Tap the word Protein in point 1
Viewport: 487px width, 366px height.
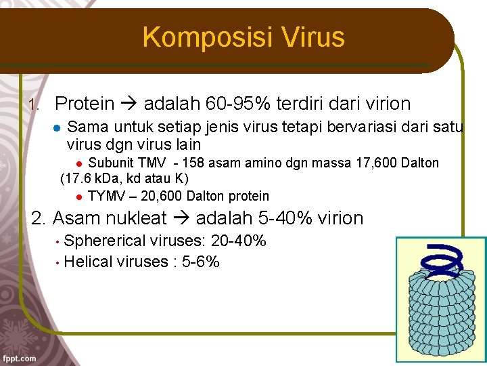pos(85,104)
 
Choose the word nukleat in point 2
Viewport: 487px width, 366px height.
pos(135,218)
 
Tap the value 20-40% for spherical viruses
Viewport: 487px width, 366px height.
pos(239,241)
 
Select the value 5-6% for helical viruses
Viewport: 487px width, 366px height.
pos(201,262)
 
